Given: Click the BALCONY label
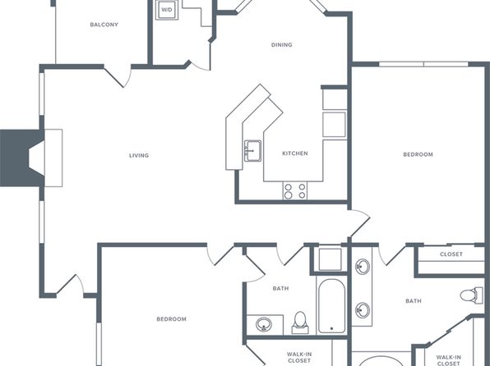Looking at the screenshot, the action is click(104, 25).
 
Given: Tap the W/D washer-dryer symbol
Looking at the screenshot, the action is click(167, 10).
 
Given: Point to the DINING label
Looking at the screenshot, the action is click(281, 45).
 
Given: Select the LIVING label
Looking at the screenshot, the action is click(139, 155).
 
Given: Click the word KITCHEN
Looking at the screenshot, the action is click(295, 153).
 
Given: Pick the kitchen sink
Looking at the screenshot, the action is click(253, 151).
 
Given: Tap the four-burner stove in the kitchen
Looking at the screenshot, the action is click(295, 191).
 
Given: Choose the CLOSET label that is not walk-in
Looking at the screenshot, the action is click(451, 254).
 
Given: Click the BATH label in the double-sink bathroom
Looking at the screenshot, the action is click(413, 301).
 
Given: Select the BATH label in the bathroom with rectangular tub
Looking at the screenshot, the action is click(280, 289).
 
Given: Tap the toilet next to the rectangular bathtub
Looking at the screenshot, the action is click(300, 323).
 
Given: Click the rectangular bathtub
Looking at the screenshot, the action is click(331, 305).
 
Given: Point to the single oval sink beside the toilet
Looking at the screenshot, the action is click(264, 324).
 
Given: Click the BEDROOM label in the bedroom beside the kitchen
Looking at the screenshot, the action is click(418, 154).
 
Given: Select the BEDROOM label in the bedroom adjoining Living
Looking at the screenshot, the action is click(171, 319).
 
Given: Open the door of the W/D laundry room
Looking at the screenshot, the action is click(200, 65).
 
